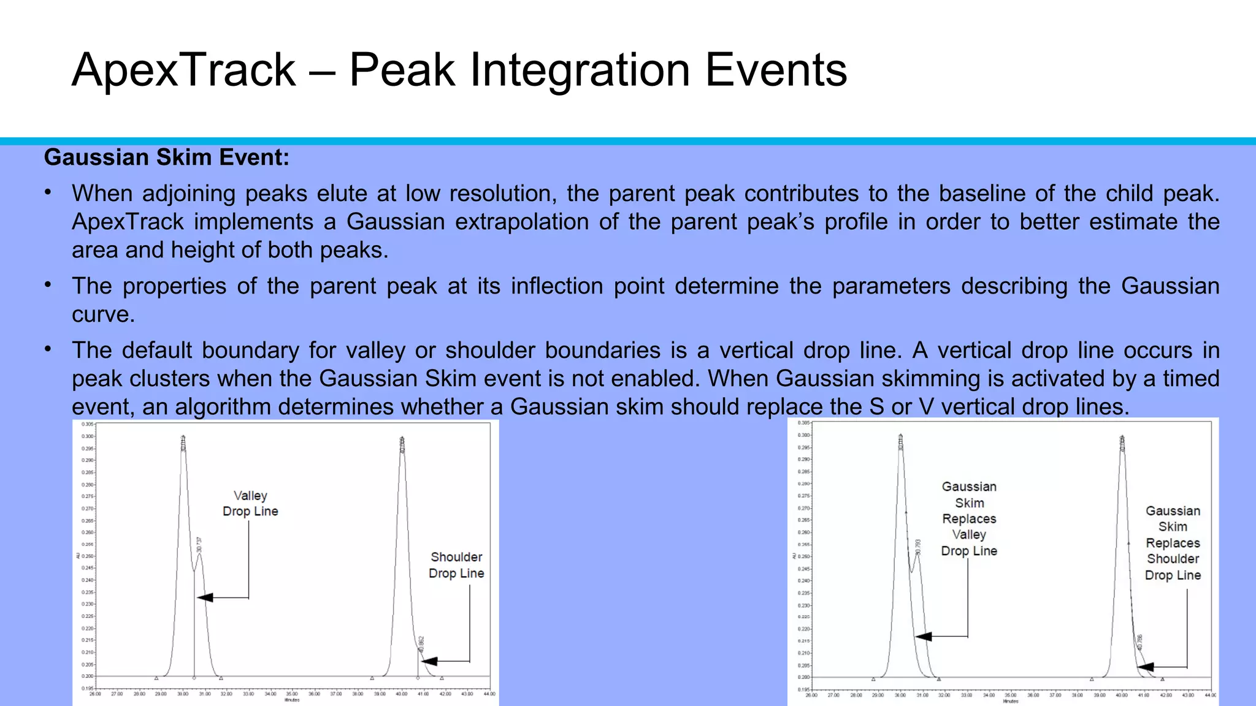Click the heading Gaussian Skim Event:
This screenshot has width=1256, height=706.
click(166, 158)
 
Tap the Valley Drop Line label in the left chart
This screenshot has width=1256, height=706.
click(250, 503)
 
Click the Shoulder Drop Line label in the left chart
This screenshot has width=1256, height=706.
click(456, 565)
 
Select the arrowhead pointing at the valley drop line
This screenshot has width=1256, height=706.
click(204, 598)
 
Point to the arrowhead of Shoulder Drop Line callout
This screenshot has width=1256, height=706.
click(428, 661)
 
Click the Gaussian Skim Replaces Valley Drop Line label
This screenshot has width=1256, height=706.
click(969, 518)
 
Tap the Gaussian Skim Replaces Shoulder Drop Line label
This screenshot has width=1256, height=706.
click(1173, 543)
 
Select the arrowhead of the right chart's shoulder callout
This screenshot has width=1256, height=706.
click(1144, 667)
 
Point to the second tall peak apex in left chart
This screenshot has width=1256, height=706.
click(402, 439)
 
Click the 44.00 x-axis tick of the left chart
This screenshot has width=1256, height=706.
click(489, 694)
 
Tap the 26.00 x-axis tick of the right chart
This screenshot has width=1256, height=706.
click(811, 695)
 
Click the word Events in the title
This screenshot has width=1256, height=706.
click(776, 70)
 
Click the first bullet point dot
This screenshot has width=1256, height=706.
click(48, 193)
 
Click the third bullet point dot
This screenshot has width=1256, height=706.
click(48, 350)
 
